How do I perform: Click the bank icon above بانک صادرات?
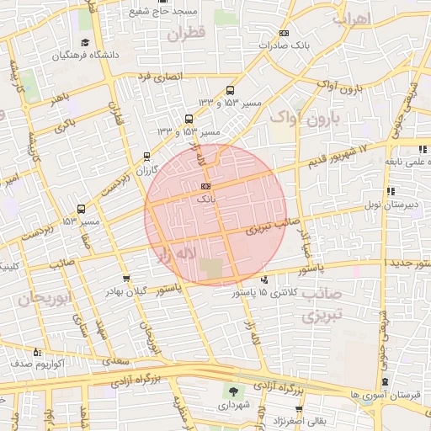(282, 34)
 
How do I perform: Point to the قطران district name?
(185, 35)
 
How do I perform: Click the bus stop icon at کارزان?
(147, 156)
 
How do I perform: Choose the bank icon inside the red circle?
(206, 187)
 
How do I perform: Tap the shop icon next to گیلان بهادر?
(126, 278)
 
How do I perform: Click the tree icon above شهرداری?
(232, 391)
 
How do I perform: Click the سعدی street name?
(119, 360)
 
